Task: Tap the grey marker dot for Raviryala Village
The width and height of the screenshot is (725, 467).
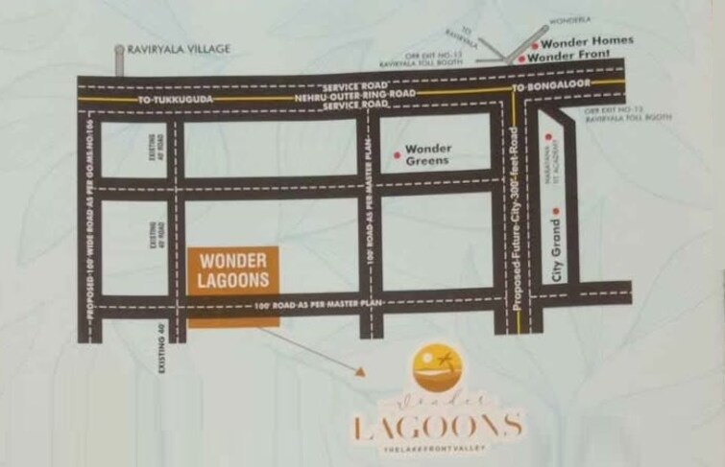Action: (x=118, y=48)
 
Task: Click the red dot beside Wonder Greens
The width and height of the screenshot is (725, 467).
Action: (x=398, y=153)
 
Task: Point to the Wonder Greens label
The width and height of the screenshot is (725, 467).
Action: (x=427, y=155)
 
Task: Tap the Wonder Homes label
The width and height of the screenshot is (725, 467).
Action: (x=587, y=42)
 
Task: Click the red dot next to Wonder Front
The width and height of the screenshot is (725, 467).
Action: (x=521, y=58)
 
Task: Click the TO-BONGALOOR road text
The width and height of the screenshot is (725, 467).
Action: (x=547, y=88)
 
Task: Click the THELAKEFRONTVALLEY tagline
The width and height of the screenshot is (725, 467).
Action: (x=437, y=449)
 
